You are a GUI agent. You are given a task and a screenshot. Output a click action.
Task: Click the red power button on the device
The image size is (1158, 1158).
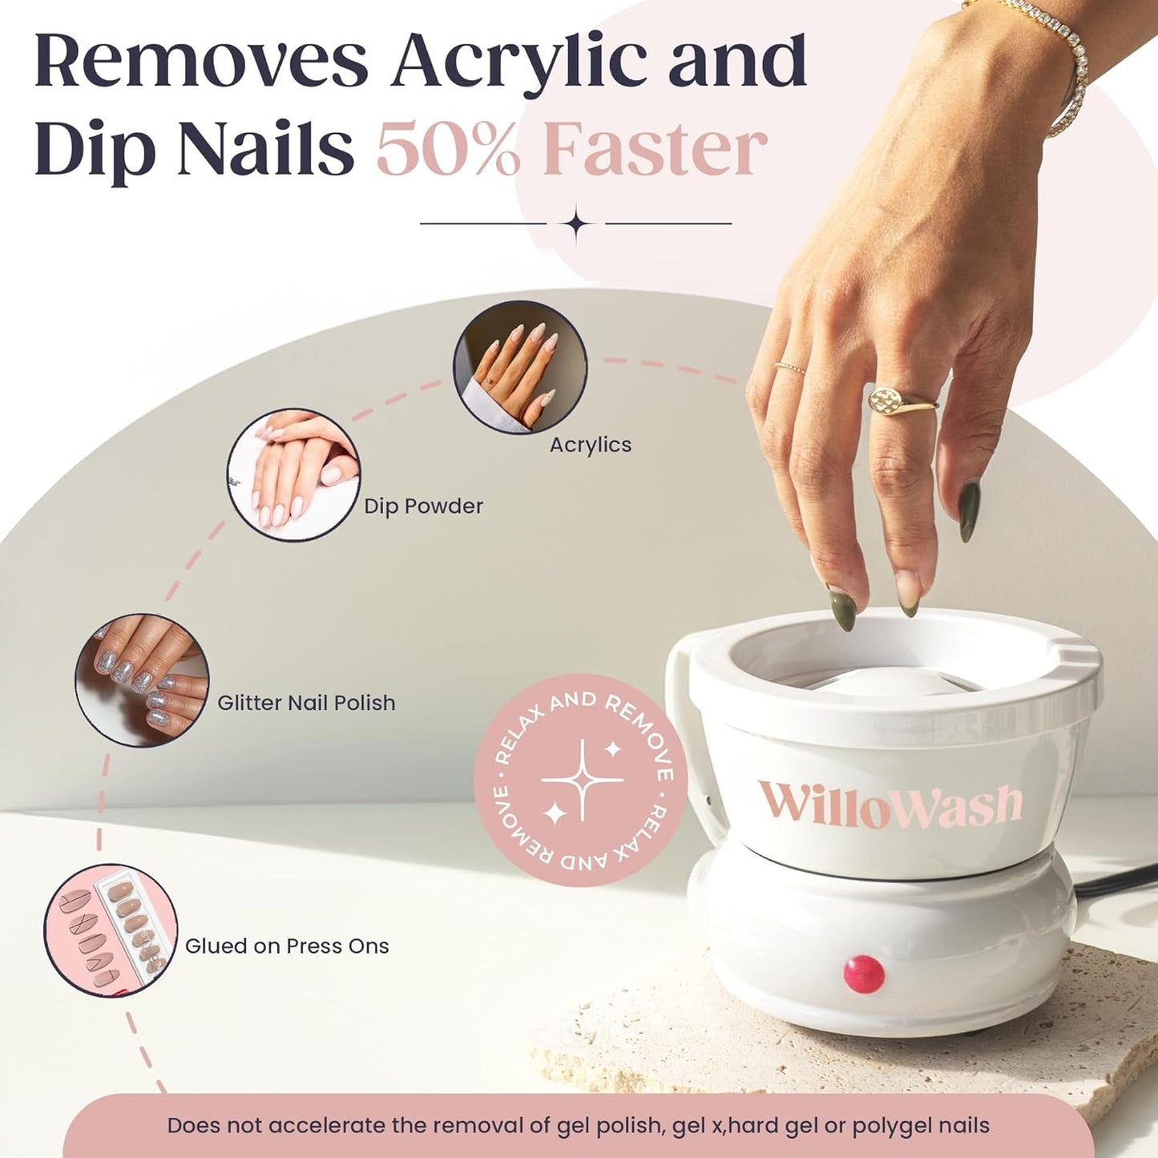pos(863,974)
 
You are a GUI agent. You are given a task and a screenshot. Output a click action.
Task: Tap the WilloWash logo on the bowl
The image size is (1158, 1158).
pos(890,805)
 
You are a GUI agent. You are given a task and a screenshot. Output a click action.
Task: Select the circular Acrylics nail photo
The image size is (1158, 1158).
pos(520,367)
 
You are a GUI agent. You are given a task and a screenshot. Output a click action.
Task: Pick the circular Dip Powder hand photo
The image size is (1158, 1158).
pos(293,475)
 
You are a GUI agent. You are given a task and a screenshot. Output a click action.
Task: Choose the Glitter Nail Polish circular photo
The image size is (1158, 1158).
pos(142,680)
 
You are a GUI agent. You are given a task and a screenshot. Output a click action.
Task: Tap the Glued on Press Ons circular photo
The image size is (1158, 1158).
pos(111,930)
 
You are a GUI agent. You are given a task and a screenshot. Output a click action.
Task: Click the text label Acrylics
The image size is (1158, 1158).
pos(591,445)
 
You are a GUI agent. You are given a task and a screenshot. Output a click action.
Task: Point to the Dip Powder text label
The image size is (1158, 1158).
pos(423,506)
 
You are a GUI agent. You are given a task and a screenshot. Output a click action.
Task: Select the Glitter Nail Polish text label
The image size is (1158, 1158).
pos(306,703)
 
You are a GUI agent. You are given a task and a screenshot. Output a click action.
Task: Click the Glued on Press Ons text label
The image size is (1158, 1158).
pos(287,946)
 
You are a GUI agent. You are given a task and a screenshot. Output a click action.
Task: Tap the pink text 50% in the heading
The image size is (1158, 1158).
pos(449,149)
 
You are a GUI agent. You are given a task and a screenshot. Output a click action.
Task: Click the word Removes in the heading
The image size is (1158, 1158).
pos(200,62)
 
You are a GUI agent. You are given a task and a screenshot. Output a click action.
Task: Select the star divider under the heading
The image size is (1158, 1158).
pos(576,224)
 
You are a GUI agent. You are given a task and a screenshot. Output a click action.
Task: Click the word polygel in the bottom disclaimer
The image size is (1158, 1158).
pos(885,1126)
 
